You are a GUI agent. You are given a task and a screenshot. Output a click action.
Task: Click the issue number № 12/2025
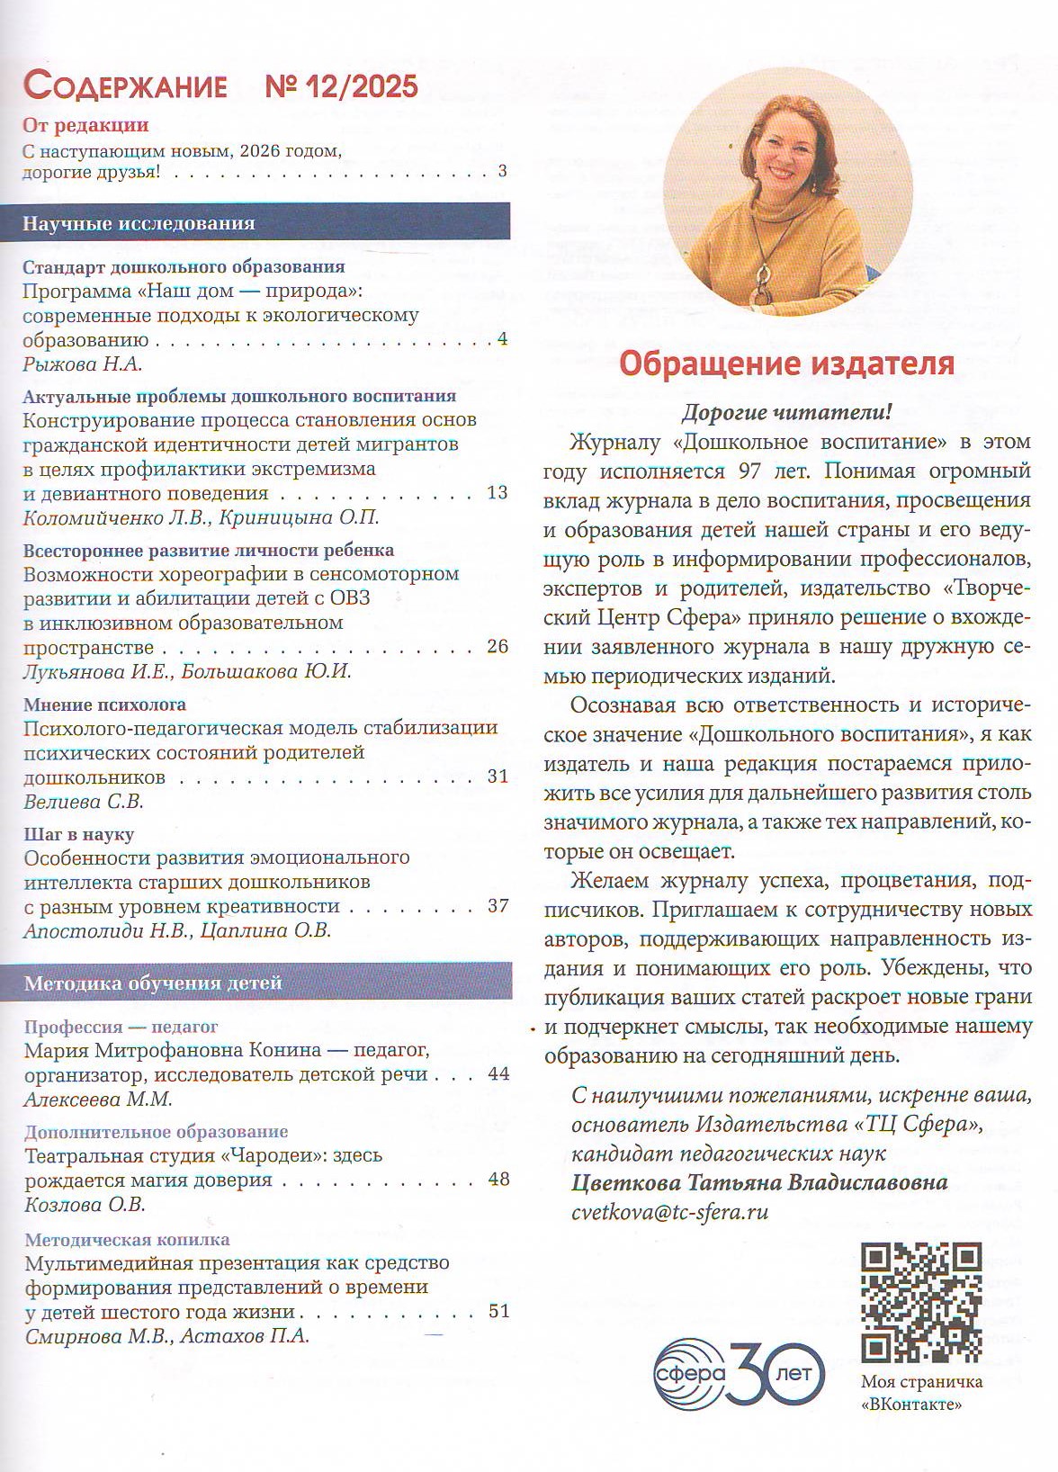pyautogui.click(x=342, y=86)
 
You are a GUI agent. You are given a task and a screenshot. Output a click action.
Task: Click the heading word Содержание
pyautogui.click(x=125, y=86)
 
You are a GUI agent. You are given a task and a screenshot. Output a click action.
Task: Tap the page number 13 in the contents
pyautogui.click(x=497, y=492)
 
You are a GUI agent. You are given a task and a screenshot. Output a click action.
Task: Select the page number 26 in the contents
pyautogui.click(x=497, y=646)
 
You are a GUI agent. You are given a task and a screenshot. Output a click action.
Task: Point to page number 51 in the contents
pyautogui.click(x=498, y=1311)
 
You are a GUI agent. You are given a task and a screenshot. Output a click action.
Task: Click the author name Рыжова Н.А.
pyautogui.click(x=83, y=364)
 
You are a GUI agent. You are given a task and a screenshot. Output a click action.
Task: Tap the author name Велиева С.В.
pyautogui.click(x=84, y=801)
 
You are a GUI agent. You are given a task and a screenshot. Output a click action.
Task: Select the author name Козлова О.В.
pyautogui.click(x=85, y=1204)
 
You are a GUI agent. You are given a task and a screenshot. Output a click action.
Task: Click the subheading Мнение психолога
pyautogui.click(x=104, y=705)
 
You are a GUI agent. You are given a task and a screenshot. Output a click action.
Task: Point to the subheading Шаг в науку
pyautogui.click(x=79, y=834)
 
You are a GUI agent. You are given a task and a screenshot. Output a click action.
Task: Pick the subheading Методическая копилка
pyautogui.click(x=127, y=1239)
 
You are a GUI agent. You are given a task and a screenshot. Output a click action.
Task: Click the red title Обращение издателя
pyautogui.click(x=786, y=364)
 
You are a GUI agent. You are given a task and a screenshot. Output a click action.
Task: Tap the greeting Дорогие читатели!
pyautogui.click(x=786, y=412)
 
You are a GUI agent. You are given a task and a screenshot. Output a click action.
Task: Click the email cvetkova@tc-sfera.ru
pyautogui.click(x=669, y=1211)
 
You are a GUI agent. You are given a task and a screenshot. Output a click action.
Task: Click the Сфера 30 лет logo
pyautogui.click(x=738, y=1373)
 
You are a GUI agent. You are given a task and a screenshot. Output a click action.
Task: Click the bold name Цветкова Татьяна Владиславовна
pyautogui.click(x=759, y=1182)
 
